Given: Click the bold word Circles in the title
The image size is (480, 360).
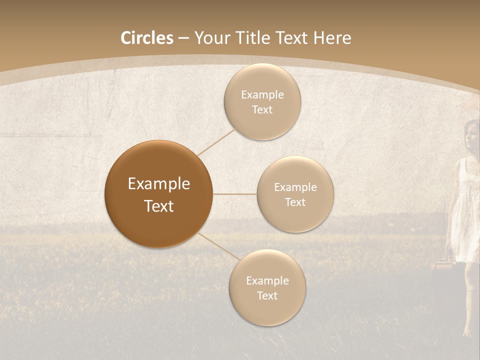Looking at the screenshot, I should point(147,38).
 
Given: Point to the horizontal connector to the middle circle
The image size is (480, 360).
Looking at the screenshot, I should point(234,194).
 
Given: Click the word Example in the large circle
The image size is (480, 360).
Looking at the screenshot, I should point(159,184).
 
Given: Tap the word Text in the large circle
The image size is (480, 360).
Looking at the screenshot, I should point(159,206).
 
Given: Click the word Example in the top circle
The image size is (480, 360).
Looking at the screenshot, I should point(262,95).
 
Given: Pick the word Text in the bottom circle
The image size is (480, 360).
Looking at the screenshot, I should point(267,295).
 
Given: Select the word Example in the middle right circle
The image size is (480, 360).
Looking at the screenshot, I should point(295,187).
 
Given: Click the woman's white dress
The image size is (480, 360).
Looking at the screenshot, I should point(464,220).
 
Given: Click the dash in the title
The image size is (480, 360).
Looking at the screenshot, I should point(183,38).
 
